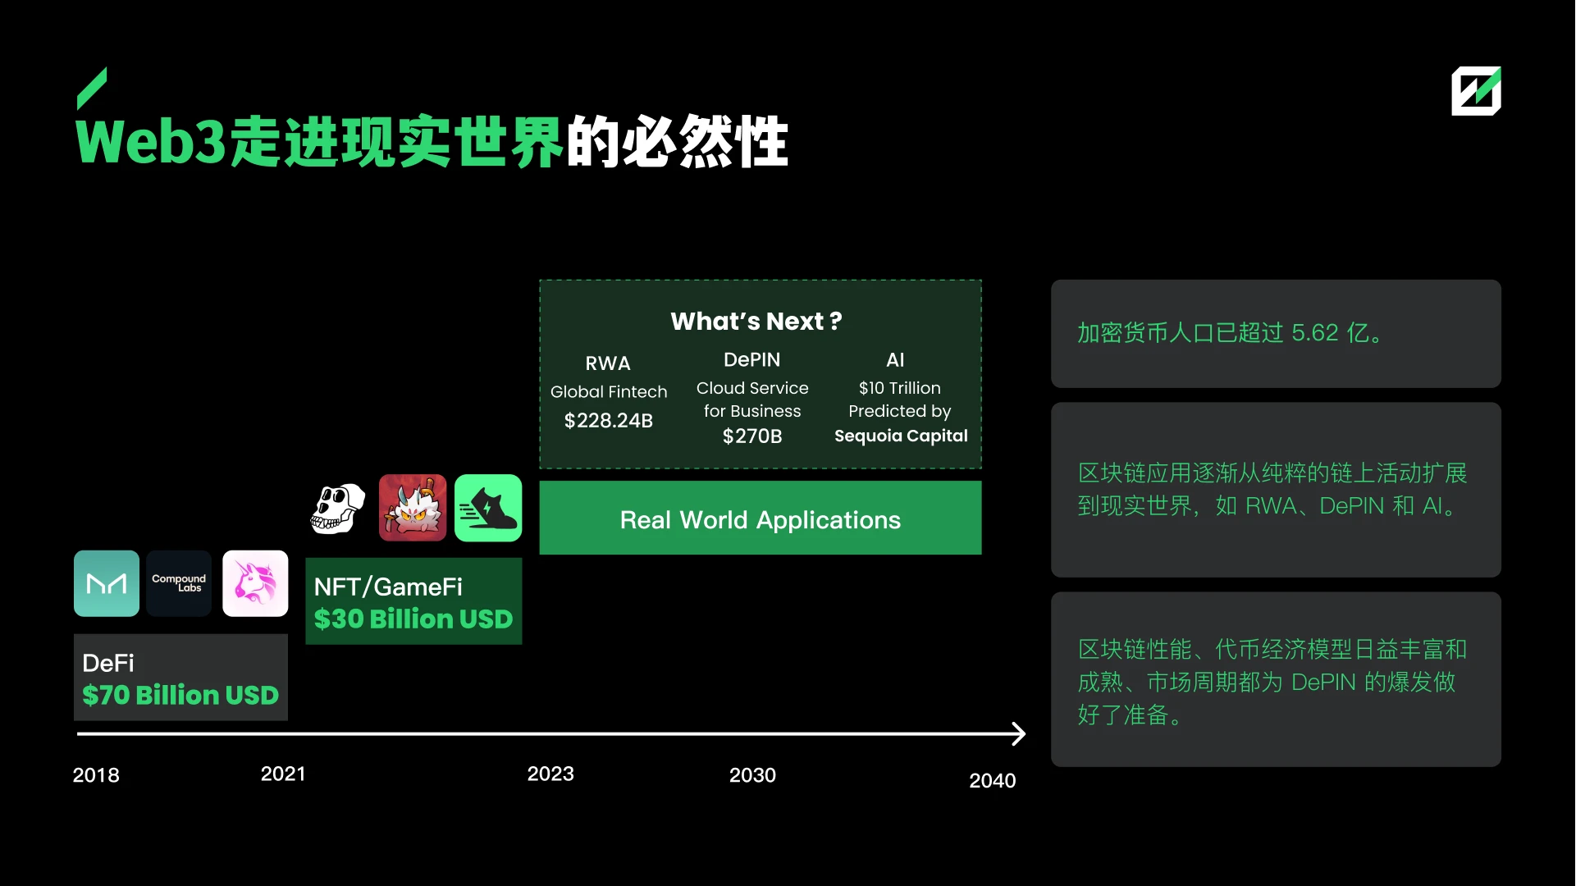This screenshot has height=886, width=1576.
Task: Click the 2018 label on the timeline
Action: [96, 775]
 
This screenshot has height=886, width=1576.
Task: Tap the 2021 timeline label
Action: [283, 774]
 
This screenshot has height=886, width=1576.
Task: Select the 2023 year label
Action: [550, 774]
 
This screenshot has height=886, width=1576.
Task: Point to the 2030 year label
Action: [752, 775]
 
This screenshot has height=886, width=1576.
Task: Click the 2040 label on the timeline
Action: [993, 780]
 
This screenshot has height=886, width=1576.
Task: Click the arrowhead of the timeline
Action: [1019, 733]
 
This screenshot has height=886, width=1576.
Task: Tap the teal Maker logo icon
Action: [107, 583]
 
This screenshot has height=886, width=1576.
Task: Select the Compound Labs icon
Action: [179, 583]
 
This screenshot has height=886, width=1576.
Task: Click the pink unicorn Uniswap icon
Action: [255, 583]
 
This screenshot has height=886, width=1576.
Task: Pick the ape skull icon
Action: [338, 509]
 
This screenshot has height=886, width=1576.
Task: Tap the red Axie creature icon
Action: [413, 508]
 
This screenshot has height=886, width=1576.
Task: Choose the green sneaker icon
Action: [488, 508]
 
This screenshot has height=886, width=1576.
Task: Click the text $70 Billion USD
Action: [180, 695]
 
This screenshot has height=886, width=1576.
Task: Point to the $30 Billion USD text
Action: [413, 619]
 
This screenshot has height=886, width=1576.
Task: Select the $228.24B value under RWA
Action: [609, 421]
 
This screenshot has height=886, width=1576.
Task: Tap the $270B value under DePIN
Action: [752, 436]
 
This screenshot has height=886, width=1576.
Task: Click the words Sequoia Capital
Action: [901, 436]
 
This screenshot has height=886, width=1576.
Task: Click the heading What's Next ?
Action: [756, 321]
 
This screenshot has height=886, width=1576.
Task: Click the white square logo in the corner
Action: [1476, 91]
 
